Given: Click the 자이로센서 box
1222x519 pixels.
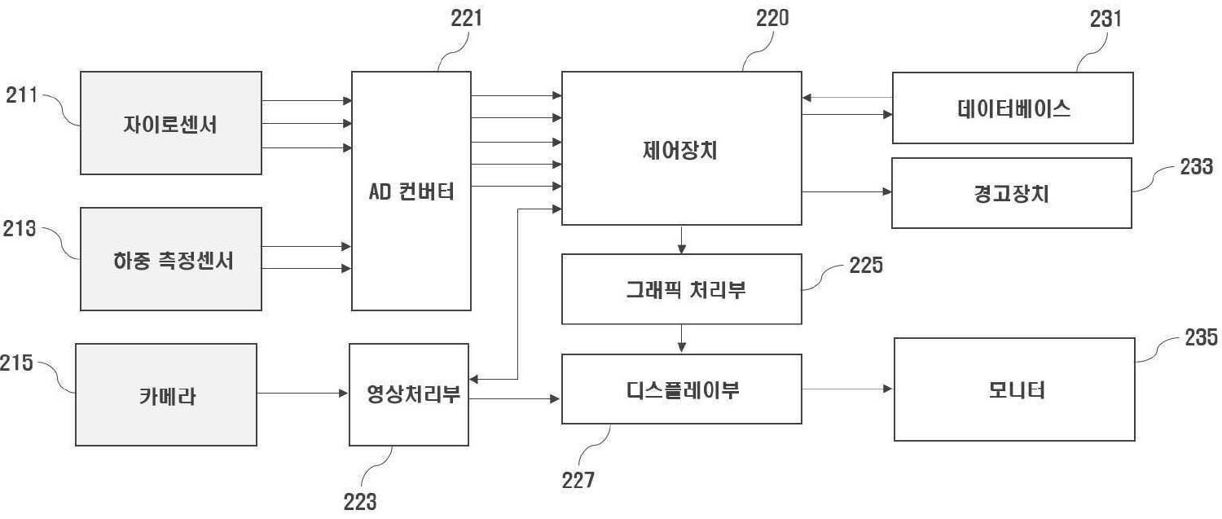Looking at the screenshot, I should (x=171, y=123).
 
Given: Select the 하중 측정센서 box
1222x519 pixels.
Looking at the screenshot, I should (x=171, y=259).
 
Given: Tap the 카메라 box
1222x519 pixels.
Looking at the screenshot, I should (x=166, y=394).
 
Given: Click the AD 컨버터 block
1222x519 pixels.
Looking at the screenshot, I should (x=411, y=191).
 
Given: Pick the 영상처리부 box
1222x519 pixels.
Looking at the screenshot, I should (x=409, y=394).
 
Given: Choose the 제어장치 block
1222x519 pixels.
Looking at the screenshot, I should (x=681, y=148).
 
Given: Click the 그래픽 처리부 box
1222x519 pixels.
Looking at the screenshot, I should (x=681, y=289).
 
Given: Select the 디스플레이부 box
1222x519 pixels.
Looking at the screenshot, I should (x=681, y=389).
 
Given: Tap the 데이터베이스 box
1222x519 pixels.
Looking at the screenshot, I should (x=1013, y=108).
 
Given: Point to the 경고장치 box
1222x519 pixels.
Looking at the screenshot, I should (x=1011, y=193).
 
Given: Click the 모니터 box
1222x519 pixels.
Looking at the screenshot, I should (x=1014, y=389).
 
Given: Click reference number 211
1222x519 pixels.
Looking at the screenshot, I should (x=22, y=95).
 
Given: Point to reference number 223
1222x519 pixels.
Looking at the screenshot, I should (x=360, y=501).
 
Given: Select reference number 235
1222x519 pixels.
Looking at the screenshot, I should (x=1202, y=336).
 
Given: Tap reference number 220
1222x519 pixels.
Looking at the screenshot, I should (x=771, y=18).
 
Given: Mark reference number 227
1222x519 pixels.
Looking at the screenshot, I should (x=578, y=480).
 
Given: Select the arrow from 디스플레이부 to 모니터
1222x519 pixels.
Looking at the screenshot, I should (x=847, y=389).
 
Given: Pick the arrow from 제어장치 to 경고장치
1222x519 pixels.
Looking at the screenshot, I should (x=847, y=192).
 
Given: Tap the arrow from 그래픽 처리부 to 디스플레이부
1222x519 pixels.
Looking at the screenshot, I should (x=681, y=339).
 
